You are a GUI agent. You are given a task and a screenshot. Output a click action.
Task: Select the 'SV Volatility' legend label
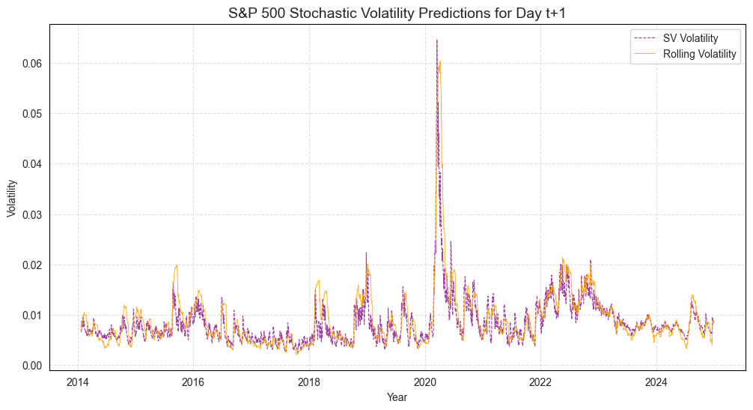point(690,38)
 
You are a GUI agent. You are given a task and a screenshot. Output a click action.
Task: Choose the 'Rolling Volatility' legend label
point(700,54)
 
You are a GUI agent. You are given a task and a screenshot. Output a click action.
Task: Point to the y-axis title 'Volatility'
point(11,198)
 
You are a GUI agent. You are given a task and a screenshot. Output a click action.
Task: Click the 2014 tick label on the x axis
point(78,382)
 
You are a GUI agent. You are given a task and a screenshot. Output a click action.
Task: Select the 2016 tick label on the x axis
point(193,382)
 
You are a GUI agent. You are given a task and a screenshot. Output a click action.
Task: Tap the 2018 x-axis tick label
point(309,382)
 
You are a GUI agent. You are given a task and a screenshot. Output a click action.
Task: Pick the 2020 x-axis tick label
point(425,382)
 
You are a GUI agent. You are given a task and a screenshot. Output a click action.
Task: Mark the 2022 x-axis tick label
point(540,382)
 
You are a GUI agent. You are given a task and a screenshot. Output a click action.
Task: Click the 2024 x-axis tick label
point(656,382)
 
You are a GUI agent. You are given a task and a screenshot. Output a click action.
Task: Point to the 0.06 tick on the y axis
point(30,63)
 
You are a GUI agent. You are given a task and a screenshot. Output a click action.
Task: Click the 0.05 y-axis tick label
point(30,113)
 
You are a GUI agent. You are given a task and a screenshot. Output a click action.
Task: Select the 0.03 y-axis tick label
point(30,214)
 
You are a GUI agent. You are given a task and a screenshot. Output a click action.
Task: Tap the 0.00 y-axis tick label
point(30,366)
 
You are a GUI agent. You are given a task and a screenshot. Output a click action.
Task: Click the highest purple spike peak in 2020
point(437,40)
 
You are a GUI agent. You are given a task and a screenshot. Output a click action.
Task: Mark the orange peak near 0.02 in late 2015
point(177,265)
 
